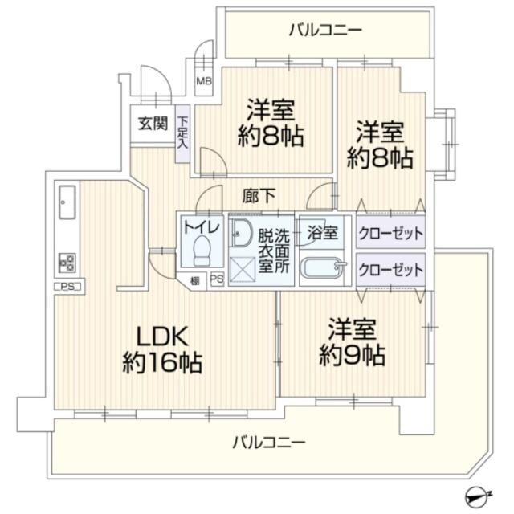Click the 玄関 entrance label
[x=152, y=124]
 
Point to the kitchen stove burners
[x=67, y=262]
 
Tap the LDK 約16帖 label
[x=161, y=347]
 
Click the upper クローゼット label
[x=390, y=232]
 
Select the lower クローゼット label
[x=390, y=267]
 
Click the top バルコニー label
[x=324, y=31]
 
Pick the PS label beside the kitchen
[x=68, y=286]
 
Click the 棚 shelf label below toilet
[x=195, y=280]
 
